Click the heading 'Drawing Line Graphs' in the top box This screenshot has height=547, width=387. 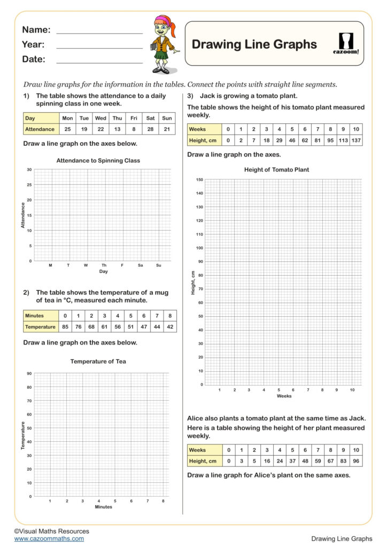(254, 44)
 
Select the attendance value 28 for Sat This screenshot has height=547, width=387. (151, 129)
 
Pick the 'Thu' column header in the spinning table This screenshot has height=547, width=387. (118, 118)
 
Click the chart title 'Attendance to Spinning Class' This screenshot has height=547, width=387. (98, 160)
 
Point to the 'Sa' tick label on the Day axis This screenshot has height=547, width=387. (141, 265)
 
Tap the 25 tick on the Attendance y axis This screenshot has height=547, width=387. (29, 185)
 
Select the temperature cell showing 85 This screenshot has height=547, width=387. (65, 326)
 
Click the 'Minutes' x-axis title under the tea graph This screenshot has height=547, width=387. (104, 506)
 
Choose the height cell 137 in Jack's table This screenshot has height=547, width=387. (355, 140)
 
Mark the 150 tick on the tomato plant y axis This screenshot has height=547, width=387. (199, 180)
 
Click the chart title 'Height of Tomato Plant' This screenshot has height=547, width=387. (276, 170)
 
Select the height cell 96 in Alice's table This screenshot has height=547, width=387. (355, 461)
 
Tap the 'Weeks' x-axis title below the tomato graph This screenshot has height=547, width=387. (284, 396)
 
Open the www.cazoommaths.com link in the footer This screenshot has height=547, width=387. (49, 538)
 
